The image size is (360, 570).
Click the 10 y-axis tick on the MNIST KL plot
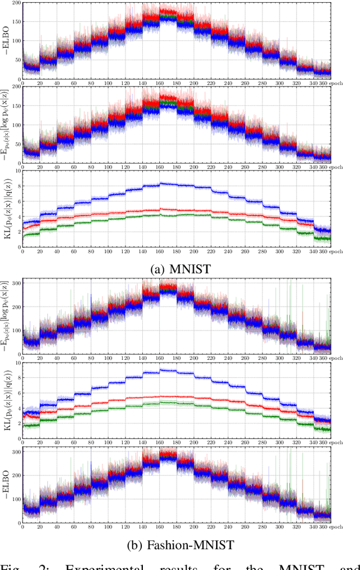pos(17,170)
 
